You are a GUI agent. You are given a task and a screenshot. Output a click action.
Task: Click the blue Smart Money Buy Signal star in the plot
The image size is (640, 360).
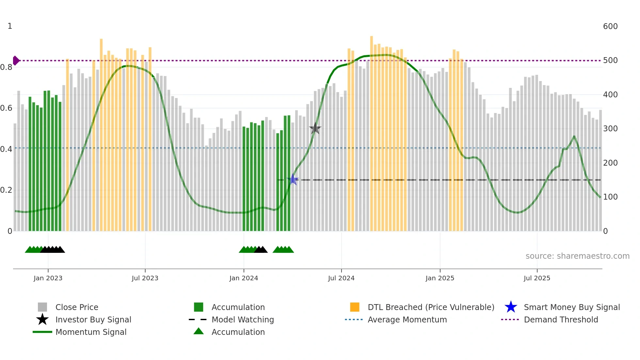point(293,179)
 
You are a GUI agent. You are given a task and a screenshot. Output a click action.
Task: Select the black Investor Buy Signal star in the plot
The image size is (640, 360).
point(315,129)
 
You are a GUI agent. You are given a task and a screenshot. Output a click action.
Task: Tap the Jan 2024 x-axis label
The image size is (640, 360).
point(244,278)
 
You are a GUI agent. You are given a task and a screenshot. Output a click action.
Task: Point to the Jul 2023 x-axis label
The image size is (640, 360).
point(145,278)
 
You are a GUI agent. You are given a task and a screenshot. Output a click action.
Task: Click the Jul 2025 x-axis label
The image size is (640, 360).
point(537,278)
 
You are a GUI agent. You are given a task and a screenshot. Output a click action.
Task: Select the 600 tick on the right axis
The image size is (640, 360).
point(610,26)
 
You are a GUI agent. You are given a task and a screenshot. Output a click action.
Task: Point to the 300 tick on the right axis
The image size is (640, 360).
point(610,129)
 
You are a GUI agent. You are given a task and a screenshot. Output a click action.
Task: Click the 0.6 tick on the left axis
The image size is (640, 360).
point(7,108)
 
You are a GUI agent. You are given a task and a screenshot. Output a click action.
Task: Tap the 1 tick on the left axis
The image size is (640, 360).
point(10,26)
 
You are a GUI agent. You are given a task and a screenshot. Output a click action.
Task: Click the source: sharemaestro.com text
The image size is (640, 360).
point(577,256)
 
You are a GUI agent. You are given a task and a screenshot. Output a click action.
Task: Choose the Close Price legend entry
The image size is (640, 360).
point(77,307)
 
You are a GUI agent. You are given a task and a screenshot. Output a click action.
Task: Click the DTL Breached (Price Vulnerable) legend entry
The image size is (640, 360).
point(431,307)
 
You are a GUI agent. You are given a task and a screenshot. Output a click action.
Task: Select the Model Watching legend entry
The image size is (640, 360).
point(243,319)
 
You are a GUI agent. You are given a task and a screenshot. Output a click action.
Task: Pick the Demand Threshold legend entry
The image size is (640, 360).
point(561,319)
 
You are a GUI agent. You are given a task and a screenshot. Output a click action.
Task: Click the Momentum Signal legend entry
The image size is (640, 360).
point(91,332)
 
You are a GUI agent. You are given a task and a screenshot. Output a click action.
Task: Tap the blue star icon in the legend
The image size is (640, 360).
point(511,307)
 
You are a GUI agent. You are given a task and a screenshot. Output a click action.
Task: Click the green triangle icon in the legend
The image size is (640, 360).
point(199,331)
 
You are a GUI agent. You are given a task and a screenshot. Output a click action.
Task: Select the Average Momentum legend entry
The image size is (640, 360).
point(407,319)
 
